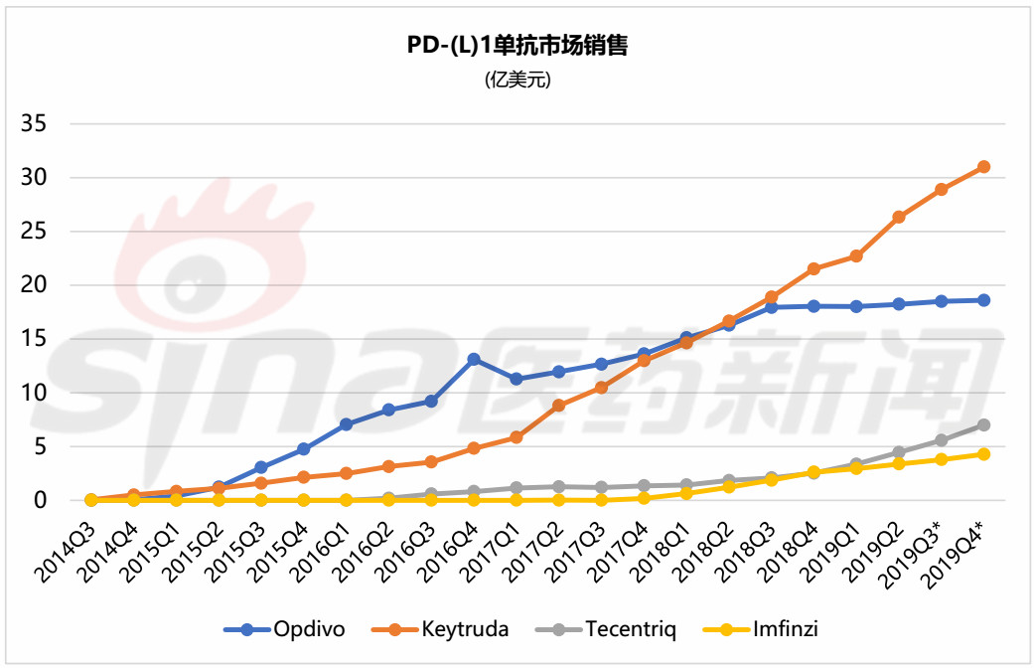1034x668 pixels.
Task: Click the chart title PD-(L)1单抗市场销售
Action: coord(517,46)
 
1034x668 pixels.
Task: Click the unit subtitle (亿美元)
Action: coord(517,80)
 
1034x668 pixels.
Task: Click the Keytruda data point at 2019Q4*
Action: coord(983,167)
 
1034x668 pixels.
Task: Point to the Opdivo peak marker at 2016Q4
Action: coord(474,359)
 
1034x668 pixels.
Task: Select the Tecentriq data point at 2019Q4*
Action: coord(983,424)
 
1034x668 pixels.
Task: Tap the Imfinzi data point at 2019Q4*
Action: coord(983,454)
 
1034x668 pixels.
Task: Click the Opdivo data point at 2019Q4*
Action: coord(983,300)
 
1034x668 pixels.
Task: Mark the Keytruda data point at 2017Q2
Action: coord(559,406)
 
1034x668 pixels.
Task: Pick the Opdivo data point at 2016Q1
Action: coord(346,424)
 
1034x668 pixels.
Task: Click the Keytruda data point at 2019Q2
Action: coord(899,217)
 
